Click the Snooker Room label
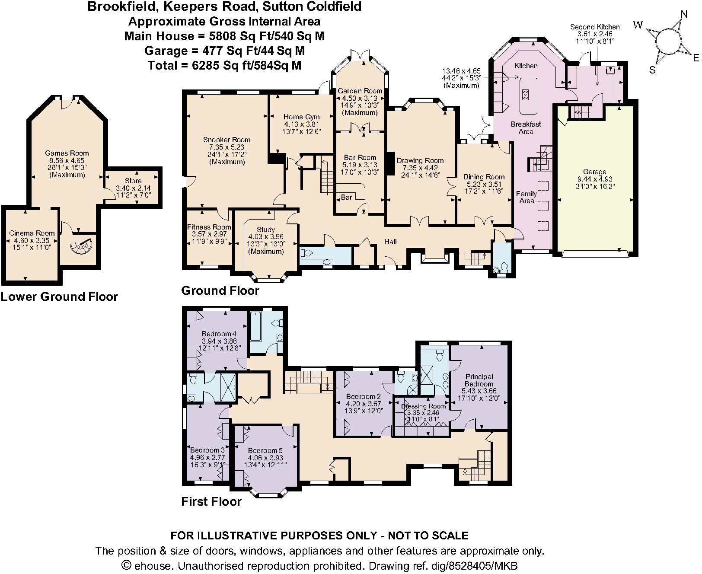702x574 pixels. (227, 140)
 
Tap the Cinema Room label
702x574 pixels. (32, 233)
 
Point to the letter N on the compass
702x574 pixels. (683, 14)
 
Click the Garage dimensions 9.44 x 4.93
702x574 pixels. (594, 179)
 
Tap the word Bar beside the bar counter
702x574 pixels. (347, 197)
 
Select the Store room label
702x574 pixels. (133, 181)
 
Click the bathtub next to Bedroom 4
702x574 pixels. (255, 330)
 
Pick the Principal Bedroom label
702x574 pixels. (479, 380)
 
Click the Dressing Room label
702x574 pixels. (423, 406)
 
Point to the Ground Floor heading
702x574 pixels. (220, 290)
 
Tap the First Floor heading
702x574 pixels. (211, 501)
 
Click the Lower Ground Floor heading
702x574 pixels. (59, 297)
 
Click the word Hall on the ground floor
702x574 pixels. (390, 242)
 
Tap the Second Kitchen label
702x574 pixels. (595, 27)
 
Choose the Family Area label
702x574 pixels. (526, 197)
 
